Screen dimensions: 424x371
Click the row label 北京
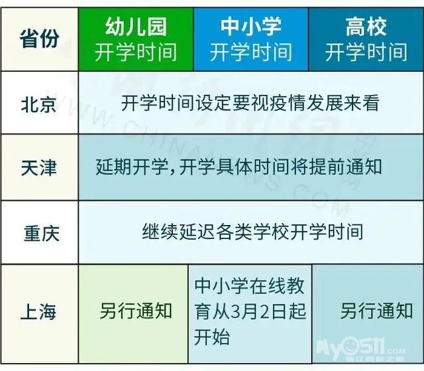pyautogui.click(x=39, y=104)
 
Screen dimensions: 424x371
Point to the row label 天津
pyautogui.click(x=39, y=168)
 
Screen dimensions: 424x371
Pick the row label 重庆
pyautogui.click(x=41, y=233)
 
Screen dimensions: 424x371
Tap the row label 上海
pyautogui.click(x=38, y=311)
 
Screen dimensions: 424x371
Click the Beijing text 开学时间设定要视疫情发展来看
pyautogui.click(x=250, y=103)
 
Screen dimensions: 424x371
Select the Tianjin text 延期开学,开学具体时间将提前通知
pyautogui.click(x=238, y=167)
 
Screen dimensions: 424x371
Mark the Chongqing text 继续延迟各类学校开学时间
pyautogui.click(x=252, y=232)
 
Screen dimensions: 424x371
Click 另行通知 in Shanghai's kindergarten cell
pyautogui.click(x=136, y=311)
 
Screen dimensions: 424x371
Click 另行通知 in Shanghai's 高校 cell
pyautogui.click(x=376, y=311)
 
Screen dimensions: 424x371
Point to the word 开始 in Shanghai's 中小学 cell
pyautogui.click(x=212, y=337)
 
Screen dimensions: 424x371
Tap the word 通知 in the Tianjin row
pyautogui.click(x=364, y=167)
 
